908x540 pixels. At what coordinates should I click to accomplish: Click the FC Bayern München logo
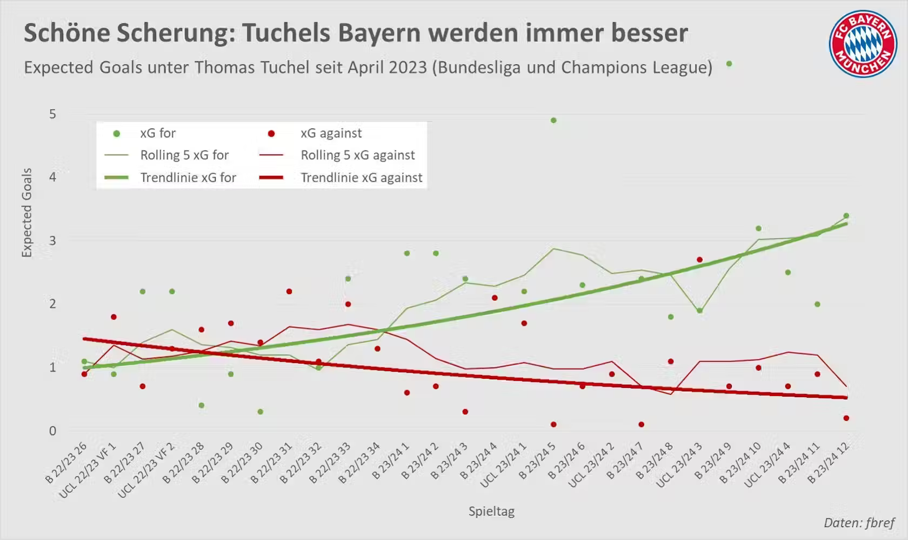coord(863,43)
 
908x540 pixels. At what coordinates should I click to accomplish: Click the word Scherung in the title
coord(175,32)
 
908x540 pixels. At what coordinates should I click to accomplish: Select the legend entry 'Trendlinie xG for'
coord(188,177)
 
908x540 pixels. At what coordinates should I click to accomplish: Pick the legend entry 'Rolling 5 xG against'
coord(358,155)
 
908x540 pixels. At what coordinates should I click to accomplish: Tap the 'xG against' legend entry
coord(331,133)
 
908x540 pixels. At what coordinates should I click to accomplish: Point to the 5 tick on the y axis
coord(52,114)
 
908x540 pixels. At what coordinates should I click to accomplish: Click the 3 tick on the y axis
coord(52,241)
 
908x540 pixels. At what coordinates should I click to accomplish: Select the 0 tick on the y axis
coord(52,431)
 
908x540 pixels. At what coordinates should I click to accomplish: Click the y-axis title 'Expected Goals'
coord(26,213)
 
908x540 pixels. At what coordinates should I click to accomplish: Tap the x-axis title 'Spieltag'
coord(491,511)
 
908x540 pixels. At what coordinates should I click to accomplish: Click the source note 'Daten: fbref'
coord(859,523)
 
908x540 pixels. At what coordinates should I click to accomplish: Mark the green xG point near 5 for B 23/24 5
coord(553,120)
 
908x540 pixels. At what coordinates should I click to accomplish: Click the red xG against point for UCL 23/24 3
coord(700,260)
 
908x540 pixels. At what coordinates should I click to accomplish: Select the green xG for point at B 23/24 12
coord(846,216)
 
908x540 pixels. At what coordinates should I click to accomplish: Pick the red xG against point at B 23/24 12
coord(846,418)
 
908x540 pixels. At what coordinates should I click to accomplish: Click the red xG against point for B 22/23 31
coord(289,292)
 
